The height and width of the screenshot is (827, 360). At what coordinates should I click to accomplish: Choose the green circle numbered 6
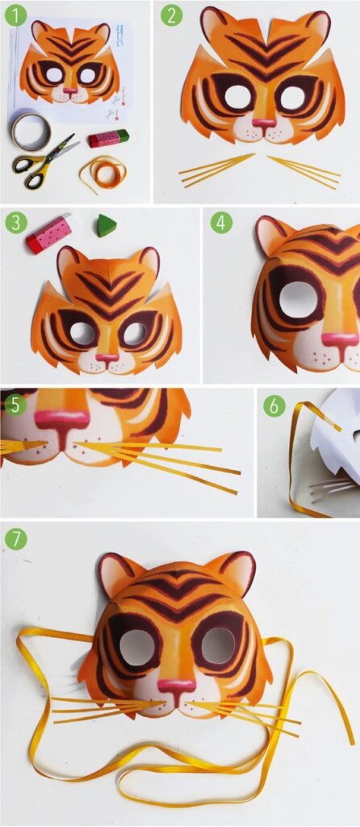pyautogui.click(x=274, y=405)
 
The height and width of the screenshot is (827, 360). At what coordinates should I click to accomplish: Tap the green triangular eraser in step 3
pyautogui.click(x=106, y=226)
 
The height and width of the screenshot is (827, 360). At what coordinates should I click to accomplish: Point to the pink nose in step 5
pyautogui.click(x=61, y=420)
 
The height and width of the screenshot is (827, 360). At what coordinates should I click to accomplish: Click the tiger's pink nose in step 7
pyautogui.click(x=176, y=686)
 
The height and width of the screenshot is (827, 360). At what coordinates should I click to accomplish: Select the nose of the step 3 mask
pyautogui.click(x=107, y=355)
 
